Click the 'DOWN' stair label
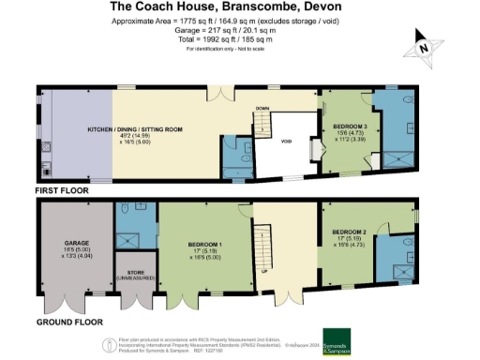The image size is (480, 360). (262, 109)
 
